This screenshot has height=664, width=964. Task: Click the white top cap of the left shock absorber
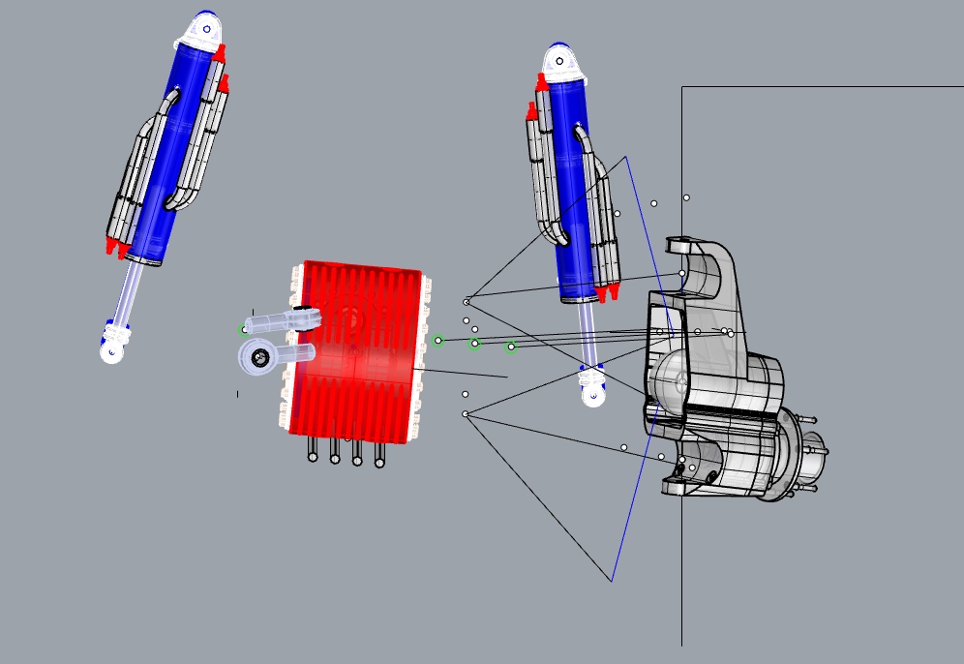pos(199,35)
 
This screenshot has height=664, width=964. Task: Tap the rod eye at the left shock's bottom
pos(113,344)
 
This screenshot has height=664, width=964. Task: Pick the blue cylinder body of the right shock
pos(572,194)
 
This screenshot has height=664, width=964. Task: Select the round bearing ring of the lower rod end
pos(258,358)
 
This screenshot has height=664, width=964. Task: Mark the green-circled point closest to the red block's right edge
pos(437,341)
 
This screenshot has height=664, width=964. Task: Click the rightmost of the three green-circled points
pos(511,347)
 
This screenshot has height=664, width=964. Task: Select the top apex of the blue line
pos(626,157)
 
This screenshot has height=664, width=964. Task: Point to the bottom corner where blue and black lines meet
pos(612,581)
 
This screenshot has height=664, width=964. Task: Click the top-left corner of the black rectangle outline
pos(682,87)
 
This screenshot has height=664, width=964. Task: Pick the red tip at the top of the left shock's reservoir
pos(220,50)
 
